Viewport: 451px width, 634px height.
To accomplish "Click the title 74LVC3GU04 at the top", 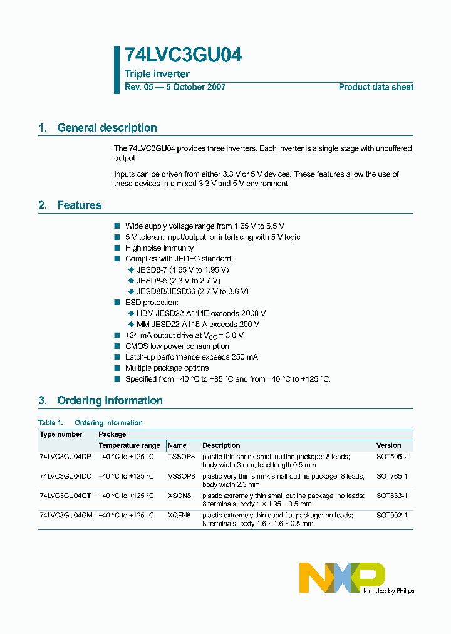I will (x=183, y=55).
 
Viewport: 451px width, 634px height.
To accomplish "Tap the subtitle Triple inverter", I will (x=157, y=74).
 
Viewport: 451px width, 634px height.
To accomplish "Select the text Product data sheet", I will (x=376, y=87).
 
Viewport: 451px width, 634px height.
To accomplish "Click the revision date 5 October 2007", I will (x=195, y=87).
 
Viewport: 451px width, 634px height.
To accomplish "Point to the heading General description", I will (x=106, y=128).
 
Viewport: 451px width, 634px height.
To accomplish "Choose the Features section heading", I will (x=79, y=205).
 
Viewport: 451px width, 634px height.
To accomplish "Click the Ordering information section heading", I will (x=110, y=400).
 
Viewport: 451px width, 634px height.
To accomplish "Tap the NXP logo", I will (x=341, y=577).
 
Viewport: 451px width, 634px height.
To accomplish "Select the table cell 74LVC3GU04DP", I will (x=65, y=457).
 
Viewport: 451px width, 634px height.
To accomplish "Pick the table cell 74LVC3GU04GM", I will (x=65, y=515).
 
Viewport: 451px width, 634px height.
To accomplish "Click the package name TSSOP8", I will (x=182, y=457).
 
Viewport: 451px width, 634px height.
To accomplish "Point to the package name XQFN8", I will (x=179, y=515).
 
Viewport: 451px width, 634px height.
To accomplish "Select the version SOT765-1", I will (x=392, y=476).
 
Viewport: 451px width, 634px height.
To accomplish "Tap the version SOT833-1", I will (x=392, y=496).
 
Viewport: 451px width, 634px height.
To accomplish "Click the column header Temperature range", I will (x=129, y=445).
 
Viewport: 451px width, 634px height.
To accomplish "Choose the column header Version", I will (x=388, y=445).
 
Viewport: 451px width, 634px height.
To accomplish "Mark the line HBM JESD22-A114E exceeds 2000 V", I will (x=201, y=313).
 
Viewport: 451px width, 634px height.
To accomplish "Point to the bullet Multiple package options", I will (x=167, y=368).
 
